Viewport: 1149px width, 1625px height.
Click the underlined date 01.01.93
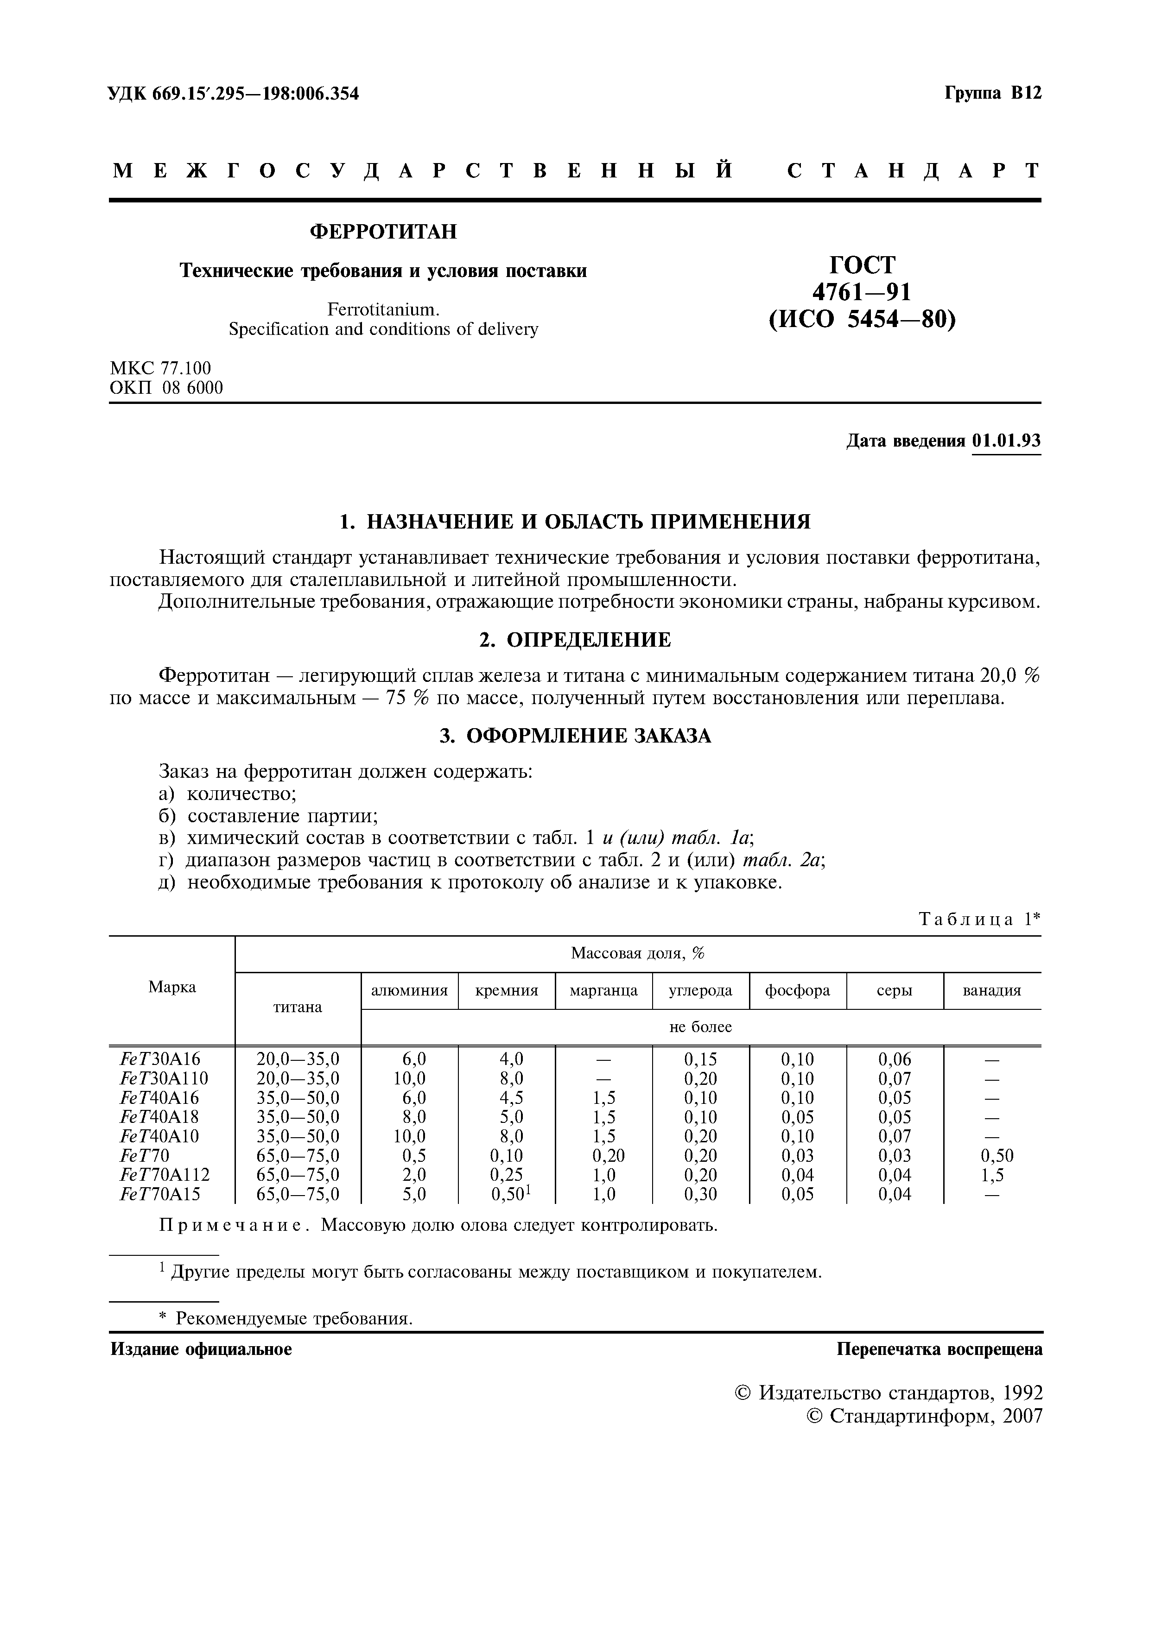1006,441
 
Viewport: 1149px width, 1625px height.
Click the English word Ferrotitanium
383,310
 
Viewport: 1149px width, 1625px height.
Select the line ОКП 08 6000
166,388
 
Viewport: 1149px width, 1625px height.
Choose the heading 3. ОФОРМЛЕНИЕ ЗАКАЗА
574,736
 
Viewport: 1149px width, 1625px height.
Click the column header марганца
603,990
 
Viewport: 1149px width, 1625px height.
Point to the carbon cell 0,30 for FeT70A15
700,1195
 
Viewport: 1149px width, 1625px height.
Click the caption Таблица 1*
979,920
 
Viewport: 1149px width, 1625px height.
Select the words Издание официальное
201,1349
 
